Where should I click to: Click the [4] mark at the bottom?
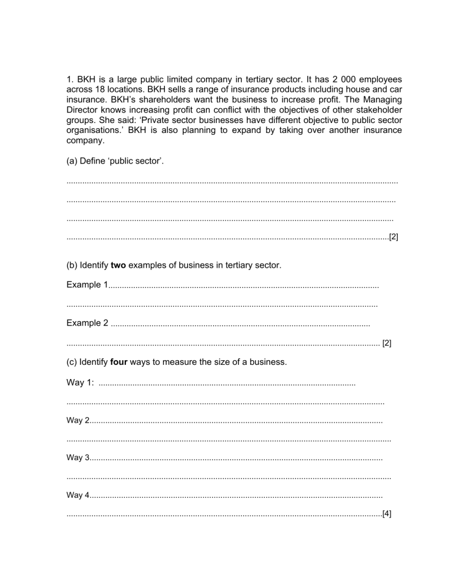click(387, 514)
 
